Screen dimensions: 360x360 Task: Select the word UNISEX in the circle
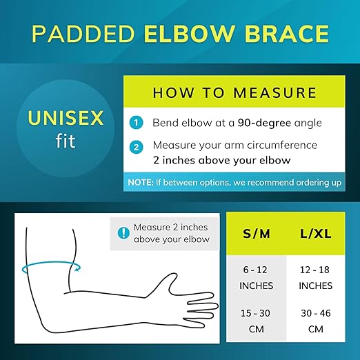click(x=66, y=119)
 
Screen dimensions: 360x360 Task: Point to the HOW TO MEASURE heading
click(x=234, y=92)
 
